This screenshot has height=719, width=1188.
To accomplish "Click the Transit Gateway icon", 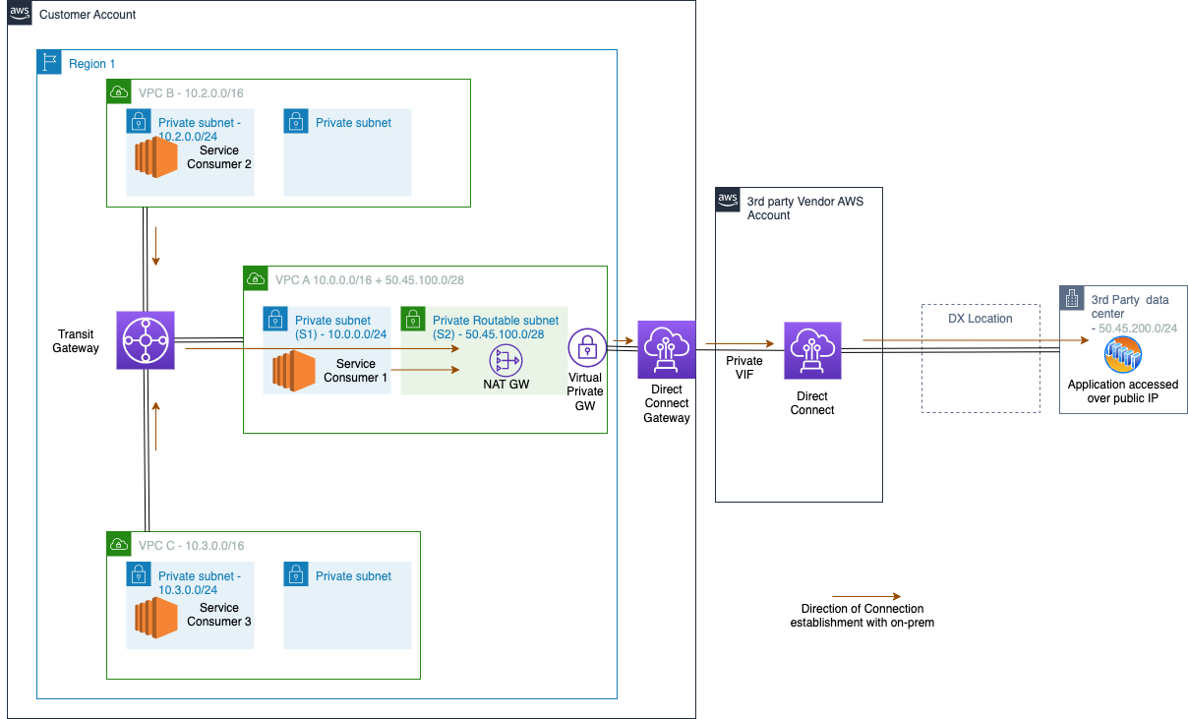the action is [x=146, y=340].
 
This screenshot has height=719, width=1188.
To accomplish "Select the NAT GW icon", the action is [x=505, y=360].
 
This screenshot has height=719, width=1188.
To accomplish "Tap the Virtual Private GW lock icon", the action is [x=587, y=348].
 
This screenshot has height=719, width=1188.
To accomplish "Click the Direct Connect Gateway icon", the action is [x=667, y=349].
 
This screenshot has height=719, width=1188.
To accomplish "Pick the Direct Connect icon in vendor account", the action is [x=812, y=351].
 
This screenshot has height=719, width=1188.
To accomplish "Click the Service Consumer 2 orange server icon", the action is [x=156, y=157].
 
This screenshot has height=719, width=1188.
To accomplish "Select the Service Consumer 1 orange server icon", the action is [x=294, y=371].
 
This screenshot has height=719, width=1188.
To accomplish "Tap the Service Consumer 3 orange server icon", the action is [x=156, y=617].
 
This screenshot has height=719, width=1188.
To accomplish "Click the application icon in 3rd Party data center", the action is [x=1123, y=354].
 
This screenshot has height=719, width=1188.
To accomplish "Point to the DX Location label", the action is [x=980, y=319].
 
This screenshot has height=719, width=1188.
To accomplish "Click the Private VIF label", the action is [x=744, y=367].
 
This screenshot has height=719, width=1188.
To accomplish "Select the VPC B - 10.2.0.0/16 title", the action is [x=191, y=92].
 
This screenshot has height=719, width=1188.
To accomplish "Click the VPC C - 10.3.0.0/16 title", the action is [x=191, y=546].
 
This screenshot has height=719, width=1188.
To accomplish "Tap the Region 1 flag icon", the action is [x=49, y=62].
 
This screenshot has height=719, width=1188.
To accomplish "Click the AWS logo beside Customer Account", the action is [x=20, y=13].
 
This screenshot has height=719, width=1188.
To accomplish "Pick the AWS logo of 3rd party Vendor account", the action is [x=728, y=200].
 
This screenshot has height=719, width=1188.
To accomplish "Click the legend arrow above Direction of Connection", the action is [x=866, y=596].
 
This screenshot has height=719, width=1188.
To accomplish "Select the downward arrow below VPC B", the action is [x=156, y=246].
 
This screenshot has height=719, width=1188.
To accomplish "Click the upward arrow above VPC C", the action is [x=156, y=426].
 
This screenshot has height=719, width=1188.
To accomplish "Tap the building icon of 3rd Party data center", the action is [x=1072, y=298].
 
